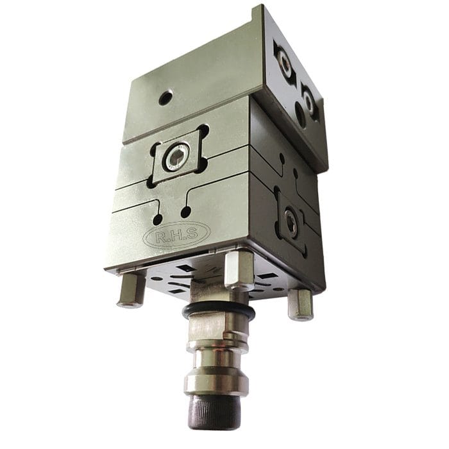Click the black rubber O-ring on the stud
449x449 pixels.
(x=218, y=313)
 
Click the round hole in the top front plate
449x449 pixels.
(x=165, y=97)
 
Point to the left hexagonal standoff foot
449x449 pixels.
(x=131, y=289)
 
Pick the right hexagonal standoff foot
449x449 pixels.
(x=300, y=303)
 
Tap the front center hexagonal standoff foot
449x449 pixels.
(x=239, y=270)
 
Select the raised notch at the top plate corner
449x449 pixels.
(x=258, y=13)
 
